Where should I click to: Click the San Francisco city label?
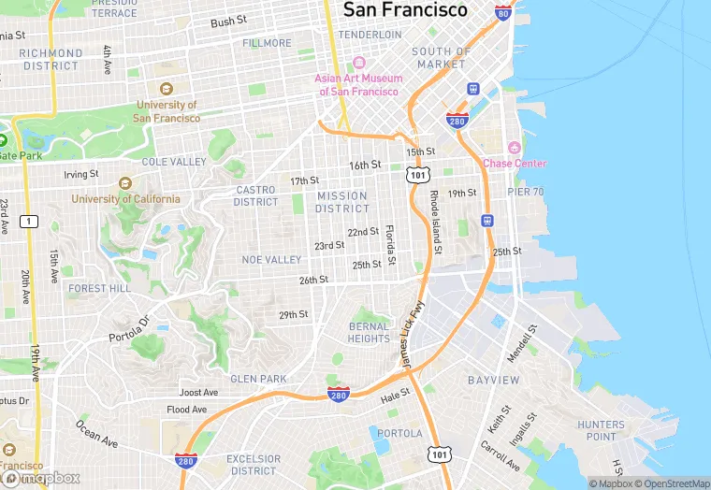tap(405, 10)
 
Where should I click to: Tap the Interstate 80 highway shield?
tap(503, 14)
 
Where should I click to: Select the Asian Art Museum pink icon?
tap(357, 63)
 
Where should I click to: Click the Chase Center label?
tap(515, 164)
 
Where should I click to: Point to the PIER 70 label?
tap(525, 192)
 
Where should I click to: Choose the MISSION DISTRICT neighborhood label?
tap(341, 202)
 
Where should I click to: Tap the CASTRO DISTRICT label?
tap(255, 195)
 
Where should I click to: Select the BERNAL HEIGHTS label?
tap(369, 332)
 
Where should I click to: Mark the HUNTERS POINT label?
tap(601, 431)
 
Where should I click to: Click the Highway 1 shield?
tap(32, 221)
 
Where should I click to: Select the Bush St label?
tap(228, 22)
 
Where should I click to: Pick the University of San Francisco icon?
tap(167, 90)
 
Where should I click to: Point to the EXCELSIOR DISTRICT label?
tap(253, 465)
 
